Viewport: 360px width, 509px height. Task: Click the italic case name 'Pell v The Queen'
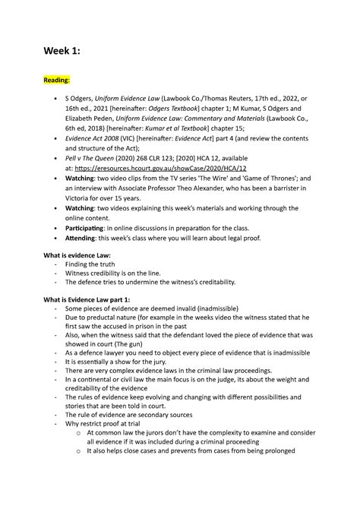coord(96,177)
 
